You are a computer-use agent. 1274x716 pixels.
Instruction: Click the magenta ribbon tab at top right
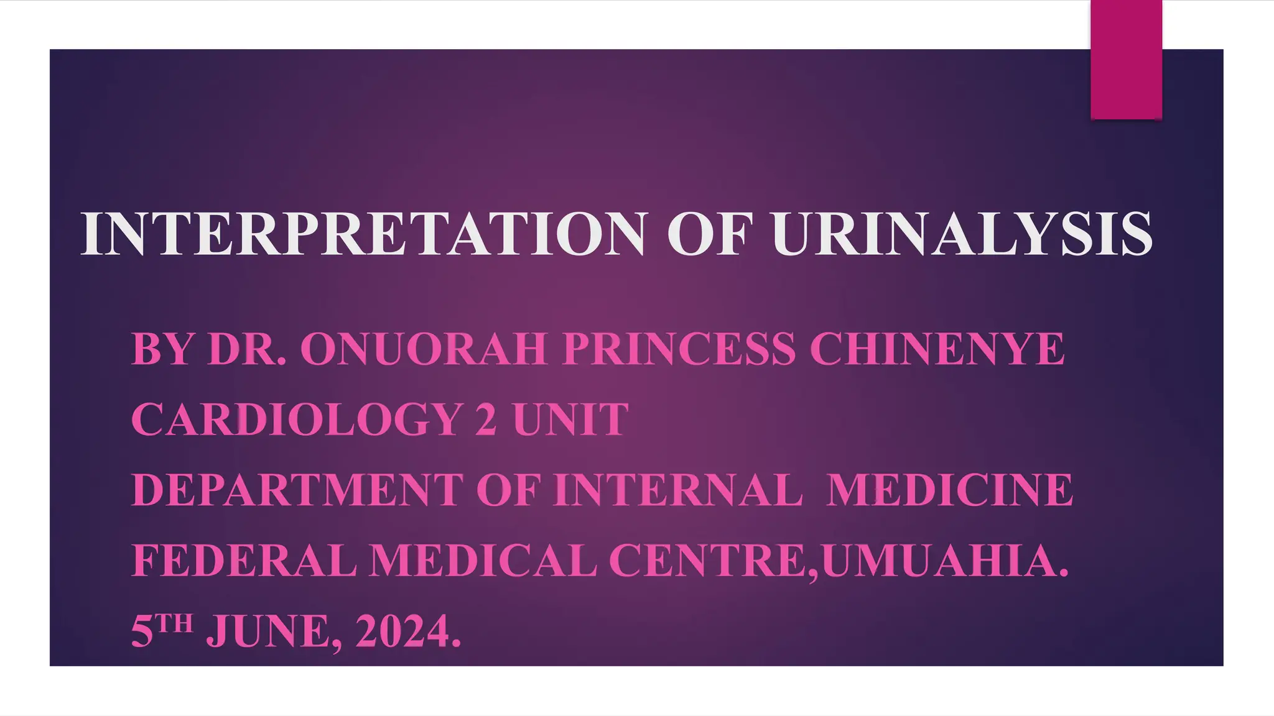(x=1126, y=59)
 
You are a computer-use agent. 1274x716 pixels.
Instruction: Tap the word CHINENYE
(x=937, y=349)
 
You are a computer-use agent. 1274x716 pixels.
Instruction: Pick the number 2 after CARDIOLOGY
(x=486, y=420)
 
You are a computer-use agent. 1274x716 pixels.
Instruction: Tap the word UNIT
(x=570, y=420)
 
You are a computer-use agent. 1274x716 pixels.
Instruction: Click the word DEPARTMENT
(x=297, y=490)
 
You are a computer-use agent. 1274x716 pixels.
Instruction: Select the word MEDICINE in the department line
(x=950, y=490)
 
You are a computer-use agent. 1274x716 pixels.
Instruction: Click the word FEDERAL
(x=244, y=561)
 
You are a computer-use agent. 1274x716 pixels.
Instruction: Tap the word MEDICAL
(x=483, y=561)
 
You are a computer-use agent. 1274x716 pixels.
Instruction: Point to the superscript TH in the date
(x=174, y=622)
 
